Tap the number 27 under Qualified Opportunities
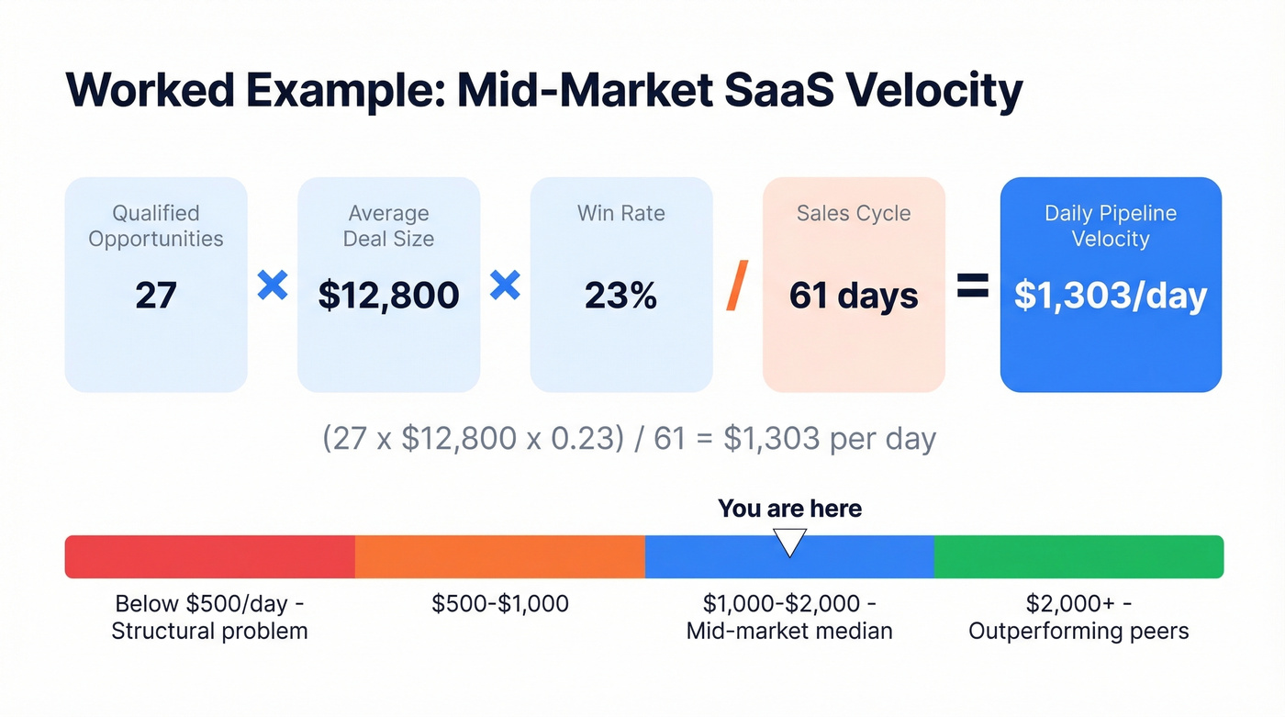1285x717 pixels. click(x=155, y=296)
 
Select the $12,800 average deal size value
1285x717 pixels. click(x=388, y=296)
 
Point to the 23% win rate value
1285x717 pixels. click(x=620, y=296)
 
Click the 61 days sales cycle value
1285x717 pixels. click(x=854, y=296)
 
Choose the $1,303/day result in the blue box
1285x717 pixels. click(x=1111, y=296)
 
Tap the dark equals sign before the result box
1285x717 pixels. click(x=973, y=286)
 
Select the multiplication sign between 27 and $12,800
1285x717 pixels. click(x=272, y=286)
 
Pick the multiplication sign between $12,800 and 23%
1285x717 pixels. click(x=505, y=286)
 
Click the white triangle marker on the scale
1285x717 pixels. click(x=789, y=542)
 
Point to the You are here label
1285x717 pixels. click(x=789, y=509)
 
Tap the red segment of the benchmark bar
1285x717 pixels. click(x=209, y=556)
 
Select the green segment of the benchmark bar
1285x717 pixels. click(x=1078, y=556)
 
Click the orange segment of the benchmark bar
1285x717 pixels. click(x=500, y=556)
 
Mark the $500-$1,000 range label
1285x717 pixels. click(x=500, y=604)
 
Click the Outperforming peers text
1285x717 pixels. click(x=1078, y=632)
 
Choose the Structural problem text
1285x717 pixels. click(x=209, y=632)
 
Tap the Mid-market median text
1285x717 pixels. click(x=789, y=632)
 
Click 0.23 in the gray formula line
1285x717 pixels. click(x=580, y=438)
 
